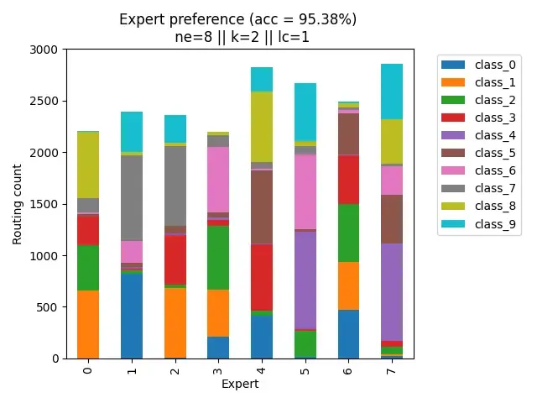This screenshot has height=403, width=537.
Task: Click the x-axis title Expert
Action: point(240,384)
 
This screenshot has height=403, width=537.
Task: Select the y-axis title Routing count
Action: point(18,204)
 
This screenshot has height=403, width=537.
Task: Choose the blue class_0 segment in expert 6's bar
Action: point(349,334)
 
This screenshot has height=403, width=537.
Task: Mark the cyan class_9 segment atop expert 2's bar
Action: point(175,129)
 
